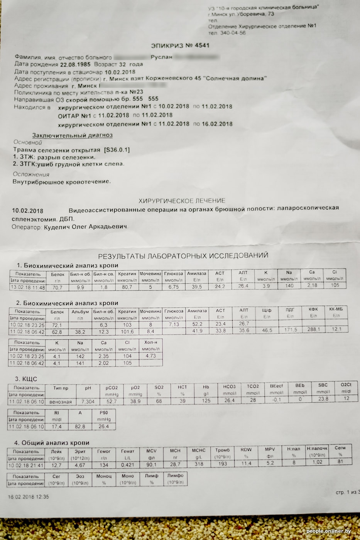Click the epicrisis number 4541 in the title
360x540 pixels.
(202, 46)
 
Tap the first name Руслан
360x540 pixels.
(161, 57)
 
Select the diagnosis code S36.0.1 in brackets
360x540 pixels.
(117, 150)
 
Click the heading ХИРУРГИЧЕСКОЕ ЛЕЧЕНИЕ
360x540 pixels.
(182, 201)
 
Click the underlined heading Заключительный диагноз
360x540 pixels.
(73, 135)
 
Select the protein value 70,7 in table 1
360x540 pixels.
(57, 287)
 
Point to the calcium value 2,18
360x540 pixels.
(312, 285)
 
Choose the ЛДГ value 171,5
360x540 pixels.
(290, 330)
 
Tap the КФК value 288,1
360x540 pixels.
(313, 329)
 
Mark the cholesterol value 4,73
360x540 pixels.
(150, 356)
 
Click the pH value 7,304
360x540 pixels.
(88, 402)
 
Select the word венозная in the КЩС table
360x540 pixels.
(61, 402)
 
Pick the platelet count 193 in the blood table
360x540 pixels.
(223, 464)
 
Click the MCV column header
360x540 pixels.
(152, 451)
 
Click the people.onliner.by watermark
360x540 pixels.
(329, 532)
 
